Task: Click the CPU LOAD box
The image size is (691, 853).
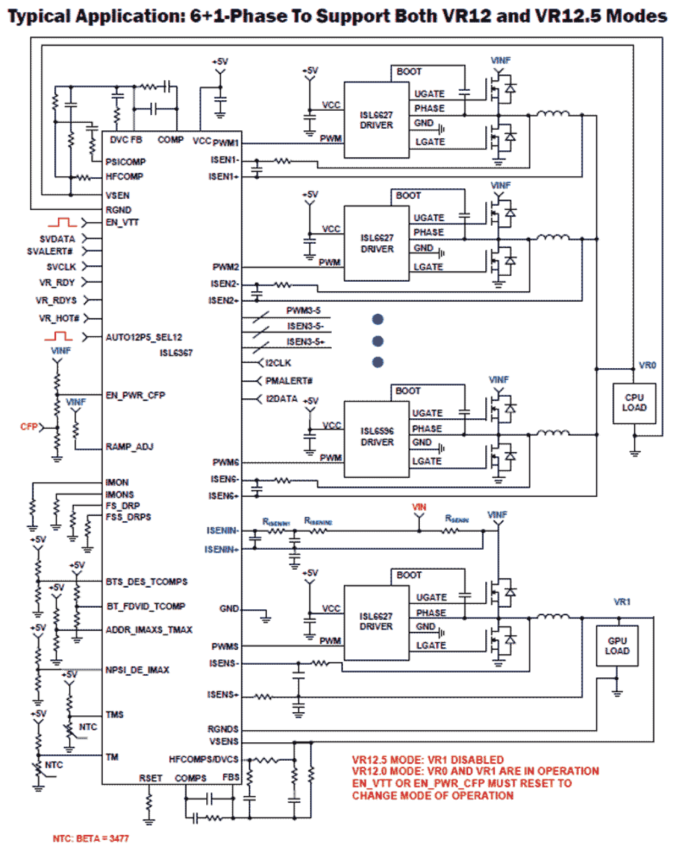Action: tap(634, 403)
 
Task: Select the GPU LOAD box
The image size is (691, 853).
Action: tap(617, 646)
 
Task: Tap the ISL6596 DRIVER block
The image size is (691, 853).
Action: tap(377, 436)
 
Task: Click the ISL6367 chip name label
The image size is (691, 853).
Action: tap(176, 353)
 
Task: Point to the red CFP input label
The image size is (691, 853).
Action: tap(29, 426)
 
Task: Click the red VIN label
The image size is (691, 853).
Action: tap(419, 507)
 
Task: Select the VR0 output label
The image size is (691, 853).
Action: tap(647, 365)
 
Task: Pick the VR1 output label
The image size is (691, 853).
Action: tap(622, 602)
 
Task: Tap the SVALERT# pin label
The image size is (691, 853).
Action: tap(50, 251)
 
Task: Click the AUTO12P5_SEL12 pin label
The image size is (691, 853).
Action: tap(144, 337)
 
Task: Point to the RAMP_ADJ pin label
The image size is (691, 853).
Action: tap(129, 446)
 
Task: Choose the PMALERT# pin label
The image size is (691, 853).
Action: tap(289, 381)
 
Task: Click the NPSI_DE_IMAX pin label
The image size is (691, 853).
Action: tap(138, 670)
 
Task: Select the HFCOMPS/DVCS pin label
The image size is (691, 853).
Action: tap(204, 759)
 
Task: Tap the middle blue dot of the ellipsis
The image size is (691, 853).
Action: tap(377, 341)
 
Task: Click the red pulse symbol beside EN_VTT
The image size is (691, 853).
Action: tap(62, 222)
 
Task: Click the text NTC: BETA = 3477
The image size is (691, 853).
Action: tap(91, 838)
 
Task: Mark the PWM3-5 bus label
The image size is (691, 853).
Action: tap(303, 310)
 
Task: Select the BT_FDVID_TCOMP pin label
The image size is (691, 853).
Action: tap(146, 606)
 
